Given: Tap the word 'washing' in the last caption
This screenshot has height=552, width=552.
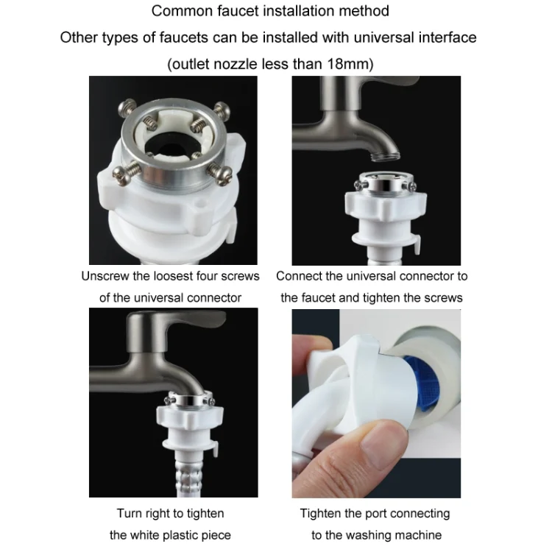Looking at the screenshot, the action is (x=383, y=536).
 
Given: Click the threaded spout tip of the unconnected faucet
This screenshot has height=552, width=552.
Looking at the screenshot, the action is (x=386, y=155).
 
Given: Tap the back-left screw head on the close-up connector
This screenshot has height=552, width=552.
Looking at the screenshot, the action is (x=127, y=107).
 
